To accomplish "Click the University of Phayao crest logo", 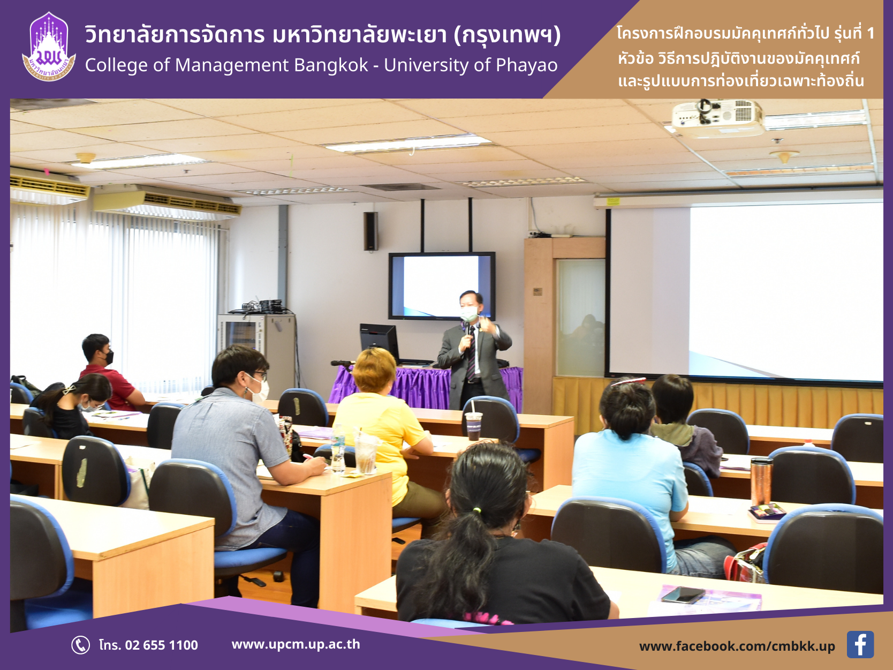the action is (49, 47).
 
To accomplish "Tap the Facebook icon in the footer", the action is (860, 644).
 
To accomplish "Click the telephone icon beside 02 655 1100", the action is (80, 645).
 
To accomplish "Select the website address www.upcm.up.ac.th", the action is (296, 644).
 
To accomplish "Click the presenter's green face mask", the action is (469, 314).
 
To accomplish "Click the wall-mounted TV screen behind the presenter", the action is (442, 286).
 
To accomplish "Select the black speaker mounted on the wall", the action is (370, 231).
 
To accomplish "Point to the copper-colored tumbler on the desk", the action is (761, 481).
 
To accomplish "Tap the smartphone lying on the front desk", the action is (683, 594).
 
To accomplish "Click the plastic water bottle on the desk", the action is (338, 448).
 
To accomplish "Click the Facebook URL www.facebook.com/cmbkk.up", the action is (737, 646).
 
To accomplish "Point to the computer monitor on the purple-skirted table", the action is (379, 341).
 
